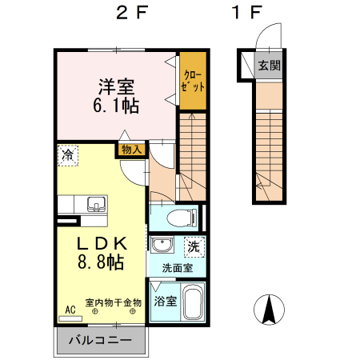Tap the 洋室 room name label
point(117,84)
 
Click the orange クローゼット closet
point(191,81)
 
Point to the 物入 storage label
point(131,148)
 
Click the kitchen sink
point(95,203)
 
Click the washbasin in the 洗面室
point(162,246)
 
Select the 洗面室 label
point(177,268)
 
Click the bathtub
point(193,302)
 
